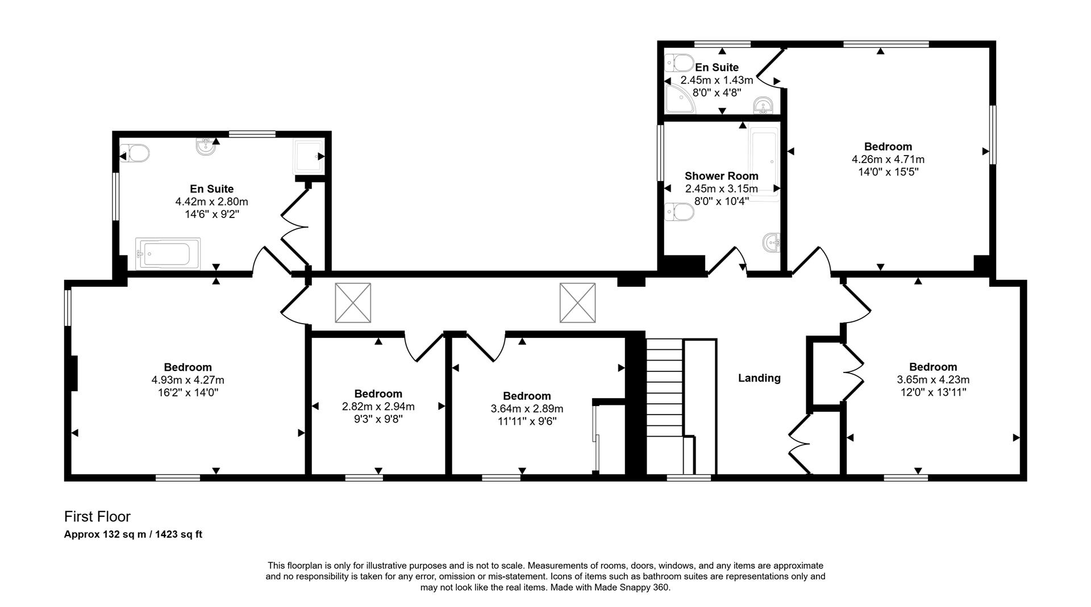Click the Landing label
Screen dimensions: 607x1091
pyautogui.click(x=759, y=378)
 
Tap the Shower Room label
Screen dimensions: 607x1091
pyautogui.click(x=721, y=176)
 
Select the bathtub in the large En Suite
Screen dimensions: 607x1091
pyautogui.click(x=168, y=253)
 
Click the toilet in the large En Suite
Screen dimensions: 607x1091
pyautogui.click(x=135, y=153)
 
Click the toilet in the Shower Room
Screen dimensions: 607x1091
pyautogui.click(x=680, y=212)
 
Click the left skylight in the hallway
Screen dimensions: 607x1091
pyautogui.click(x=353, y=303)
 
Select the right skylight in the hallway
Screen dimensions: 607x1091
pyautogui.click(x=577, y=303)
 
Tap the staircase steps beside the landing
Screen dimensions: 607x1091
pyautogui.click(x=664, y=397)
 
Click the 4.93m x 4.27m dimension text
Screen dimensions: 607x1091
pyautogui.click(x=188, y=380)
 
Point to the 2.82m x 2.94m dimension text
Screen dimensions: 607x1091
pyautogui.click(x=378, y=407)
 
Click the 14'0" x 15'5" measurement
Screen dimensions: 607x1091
pyautogui.click(x=888, y=171)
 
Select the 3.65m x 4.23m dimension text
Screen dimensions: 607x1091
pyautogui.click(x=932, y=380)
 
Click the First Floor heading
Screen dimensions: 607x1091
pyautogui.click(x=97, y=517)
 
